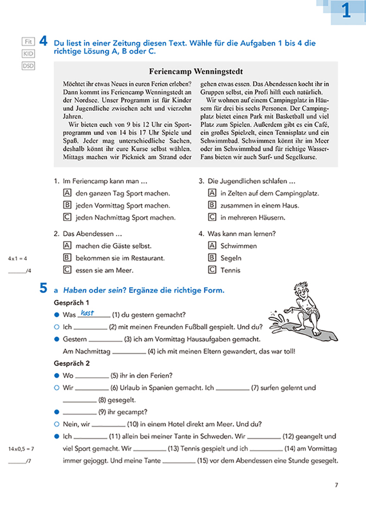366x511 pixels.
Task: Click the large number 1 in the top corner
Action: [346, 11]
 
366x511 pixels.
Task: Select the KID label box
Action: [28, 54]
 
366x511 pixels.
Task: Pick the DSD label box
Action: [28, 66]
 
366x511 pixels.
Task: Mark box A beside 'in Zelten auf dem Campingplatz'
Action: [212, 193]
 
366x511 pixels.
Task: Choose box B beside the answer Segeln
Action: [212, 258]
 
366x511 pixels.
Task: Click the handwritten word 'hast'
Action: [87, 313]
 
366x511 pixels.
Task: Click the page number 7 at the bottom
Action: [336, 485]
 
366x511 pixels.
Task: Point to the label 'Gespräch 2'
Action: [70, 363]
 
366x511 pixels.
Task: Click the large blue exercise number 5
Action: [43, 289]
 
